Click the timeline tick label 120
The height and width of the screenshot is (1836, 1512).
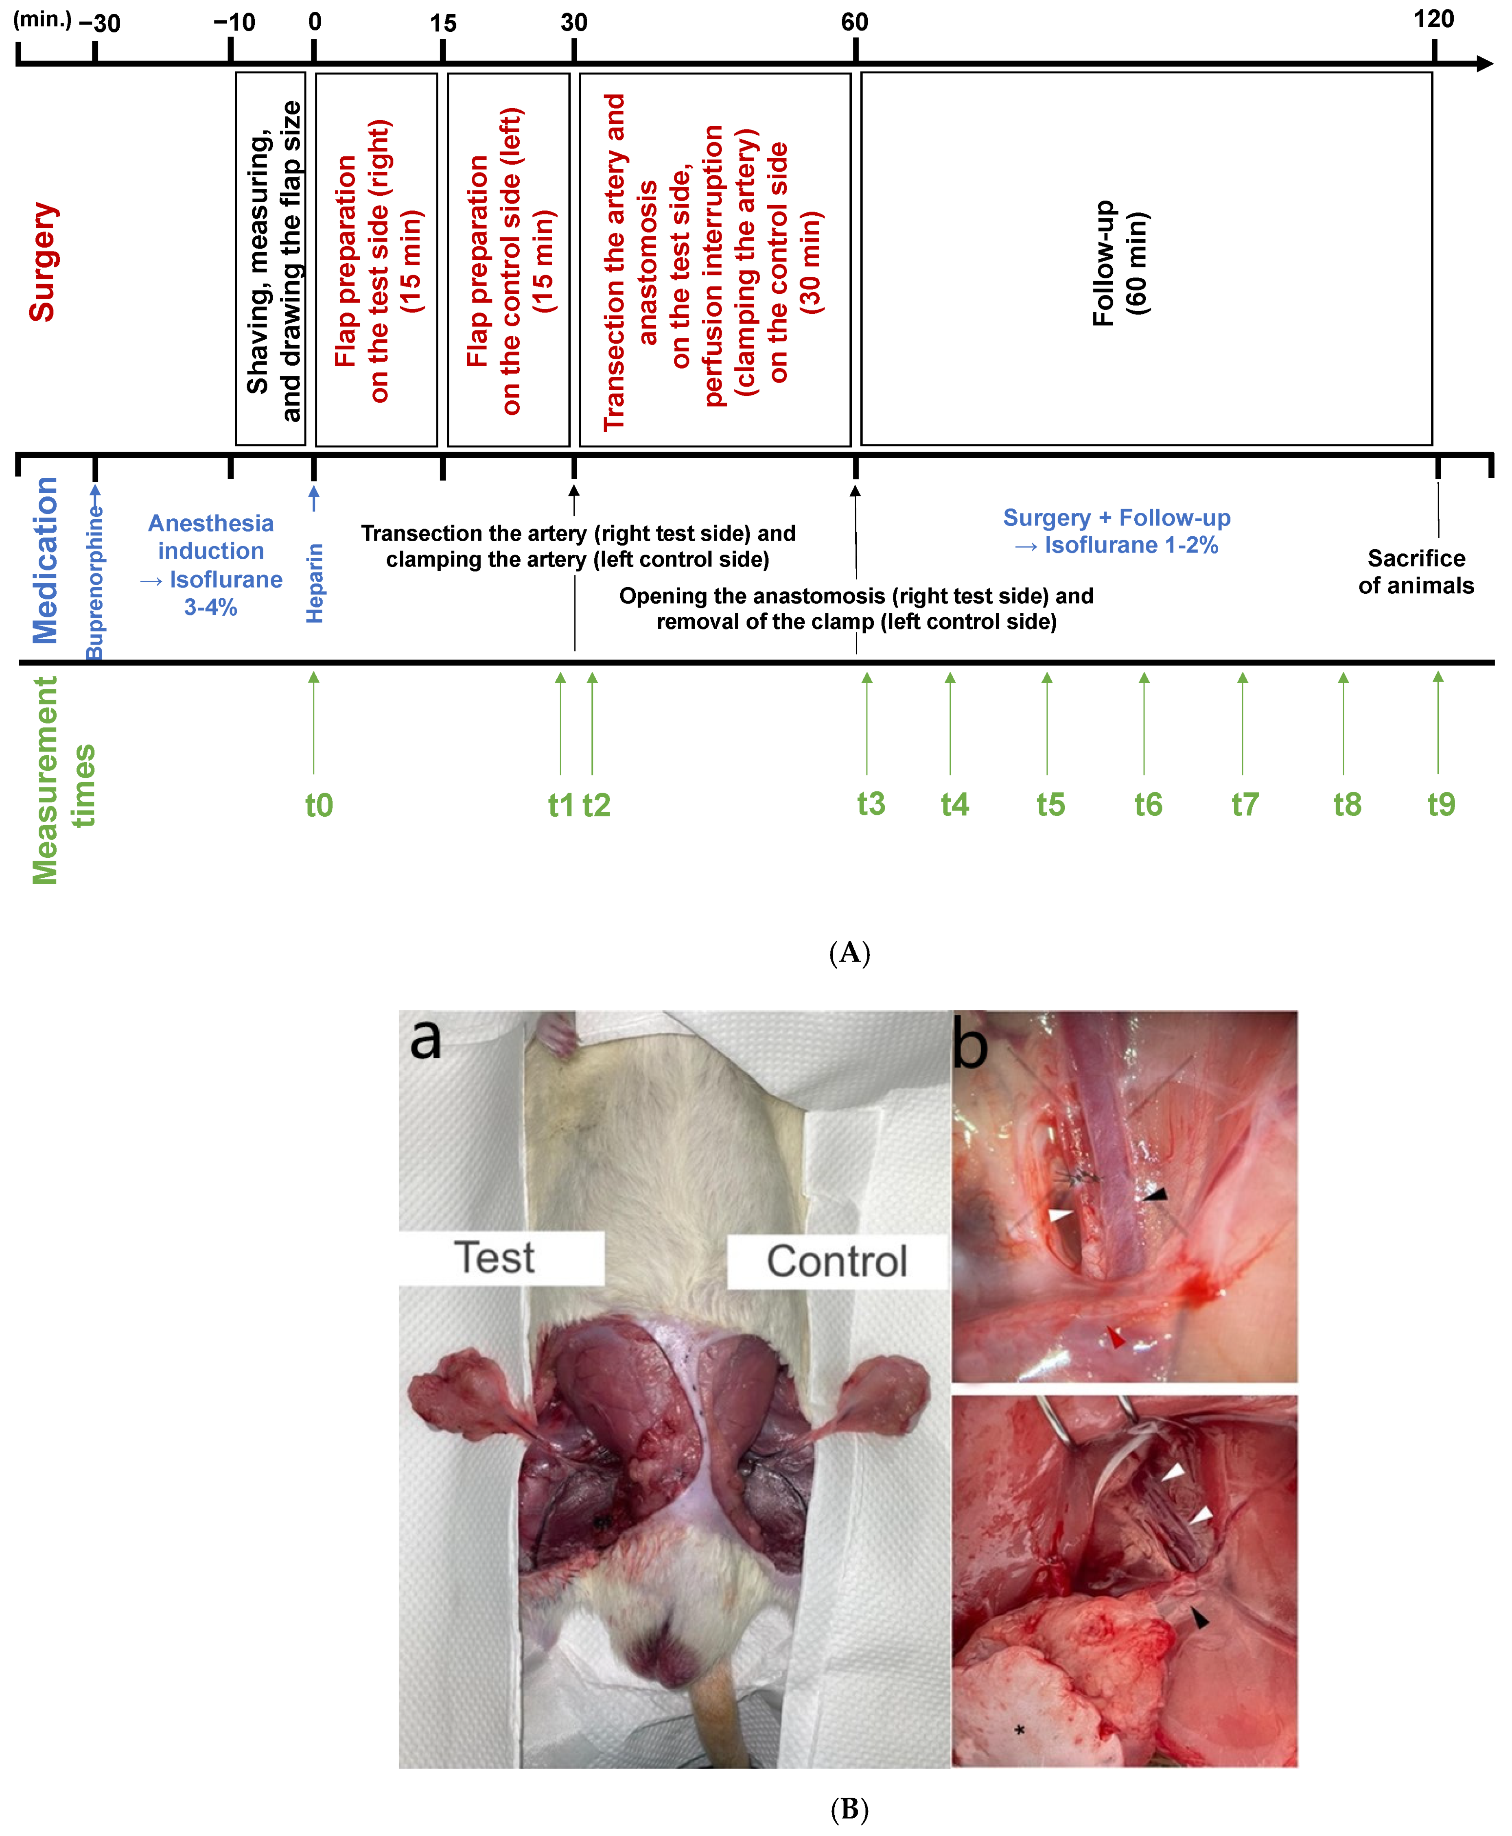(1433, 19)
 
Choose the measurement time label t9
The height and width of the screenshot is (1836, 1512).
(1441, 804)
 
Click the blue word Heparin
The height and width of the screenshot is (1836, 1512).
(315, 583)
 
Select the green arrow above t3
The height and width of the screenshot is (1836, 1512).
(867, 723)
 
